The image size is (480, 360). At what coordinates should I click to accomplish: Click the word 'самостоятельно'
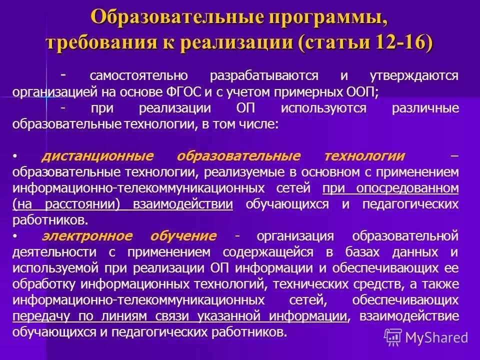point(139,76)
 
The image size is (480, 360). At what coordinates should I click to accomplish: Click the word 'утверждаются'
point(414,76)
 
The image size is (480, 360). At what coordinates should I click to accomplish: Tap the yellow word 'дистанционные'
point(97,156)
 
